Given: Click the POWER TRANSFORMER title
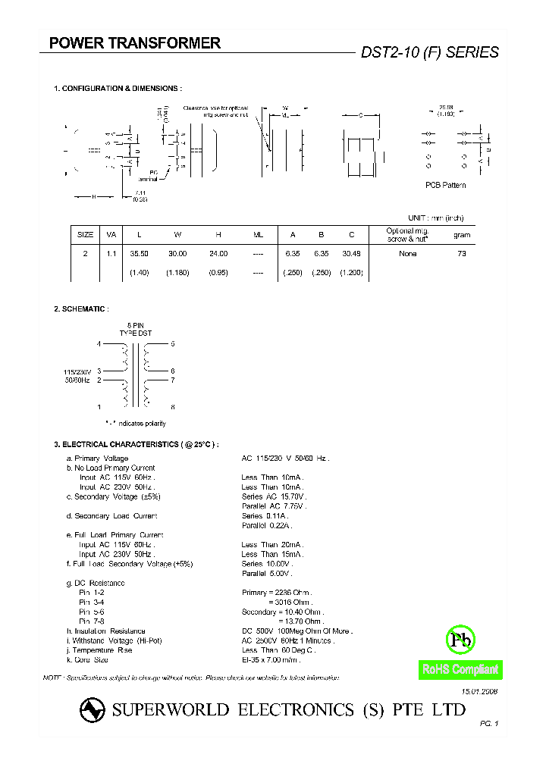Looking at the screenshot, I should click(x=135, y=44).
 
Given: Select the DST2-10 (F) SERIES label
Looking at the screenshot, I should click(x=429, y=52).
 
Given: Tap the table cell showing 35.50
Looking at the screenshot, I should click(x=138, y=254).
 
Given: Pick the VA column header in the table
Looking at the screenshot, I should click(x=111, y=235).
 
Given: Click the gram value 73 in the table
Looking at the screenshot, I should click(x=462, y=254).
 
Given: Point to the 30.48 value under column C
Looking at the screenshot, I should click(x=351, y=254).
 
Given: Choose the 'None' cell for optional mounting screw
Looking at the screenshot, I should click(x=408, y=254).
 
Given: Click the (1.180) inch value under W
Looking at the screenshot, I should click(x=177, y=272).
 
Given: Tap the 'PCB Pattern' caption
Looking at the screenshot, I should click(x=445, y=186).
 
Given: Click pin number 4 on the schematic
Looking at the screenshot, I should click(x=99, y=344).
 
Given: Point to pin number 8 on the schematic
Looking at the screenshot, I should click(x=173, y=407).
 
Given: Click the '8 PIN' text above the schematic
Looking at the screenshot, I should click(x=136, y=325).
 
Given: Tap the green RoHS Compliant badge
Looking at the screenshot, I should click(x=460, y=670).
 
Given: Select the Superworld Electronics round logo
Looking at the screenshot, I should click(x=93, y=710).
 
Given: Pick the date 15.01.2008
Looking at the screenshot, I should click(x=480, y=692).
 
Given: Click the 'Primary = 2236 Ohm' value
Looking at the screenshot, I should click(x=276, y=593).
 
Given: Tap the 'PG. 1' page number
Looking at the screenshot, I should click(x=489, y=725).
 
